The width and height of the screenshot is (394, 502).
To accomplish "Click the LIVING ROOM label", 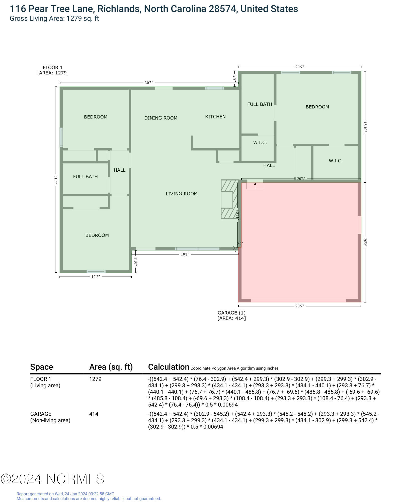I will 182,194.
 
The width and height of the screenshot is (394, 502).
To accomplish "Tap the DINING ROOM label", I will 161,118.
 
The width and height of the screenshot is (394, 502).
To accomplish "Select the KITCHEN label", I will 215,117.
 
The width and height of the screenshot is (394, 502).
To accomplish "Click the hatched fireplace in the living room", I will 229,199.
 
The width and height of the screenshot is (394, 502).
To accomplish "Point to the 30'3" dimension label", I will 149,83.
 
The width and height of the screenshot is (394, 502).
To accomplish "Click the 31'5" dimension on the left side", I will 56,180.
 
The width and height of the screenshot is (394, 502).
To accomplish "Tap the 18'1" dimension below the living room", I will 185,254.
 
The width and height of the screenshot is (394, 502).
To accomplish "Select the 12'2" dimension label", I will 96,277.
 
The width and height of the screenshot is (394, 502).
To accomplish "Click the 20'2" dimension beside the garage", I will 365,242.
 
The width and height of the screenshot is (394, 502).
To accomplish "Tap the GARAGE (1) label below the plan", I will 231,313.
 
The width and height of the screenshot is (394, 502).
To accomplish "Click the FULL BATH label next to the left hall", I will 85,177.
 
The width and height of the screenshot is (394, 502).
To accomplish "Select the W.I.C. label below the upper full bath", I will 260,143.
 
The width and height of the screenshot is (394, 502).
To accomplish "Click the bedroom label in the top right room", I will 317,107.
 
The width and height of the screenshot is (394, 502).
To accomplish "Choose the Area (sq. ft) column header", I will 111,367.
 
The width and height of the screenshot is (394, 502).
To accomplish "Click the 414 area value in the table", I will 94,414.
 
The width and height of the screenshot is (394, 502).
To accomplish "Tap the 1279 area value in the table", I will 95,379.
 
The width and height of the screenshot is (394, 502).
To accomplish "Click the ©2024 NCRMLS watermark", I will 52,479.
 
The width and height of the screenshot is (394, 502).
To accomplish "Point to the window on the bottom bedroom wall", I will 96,271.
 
